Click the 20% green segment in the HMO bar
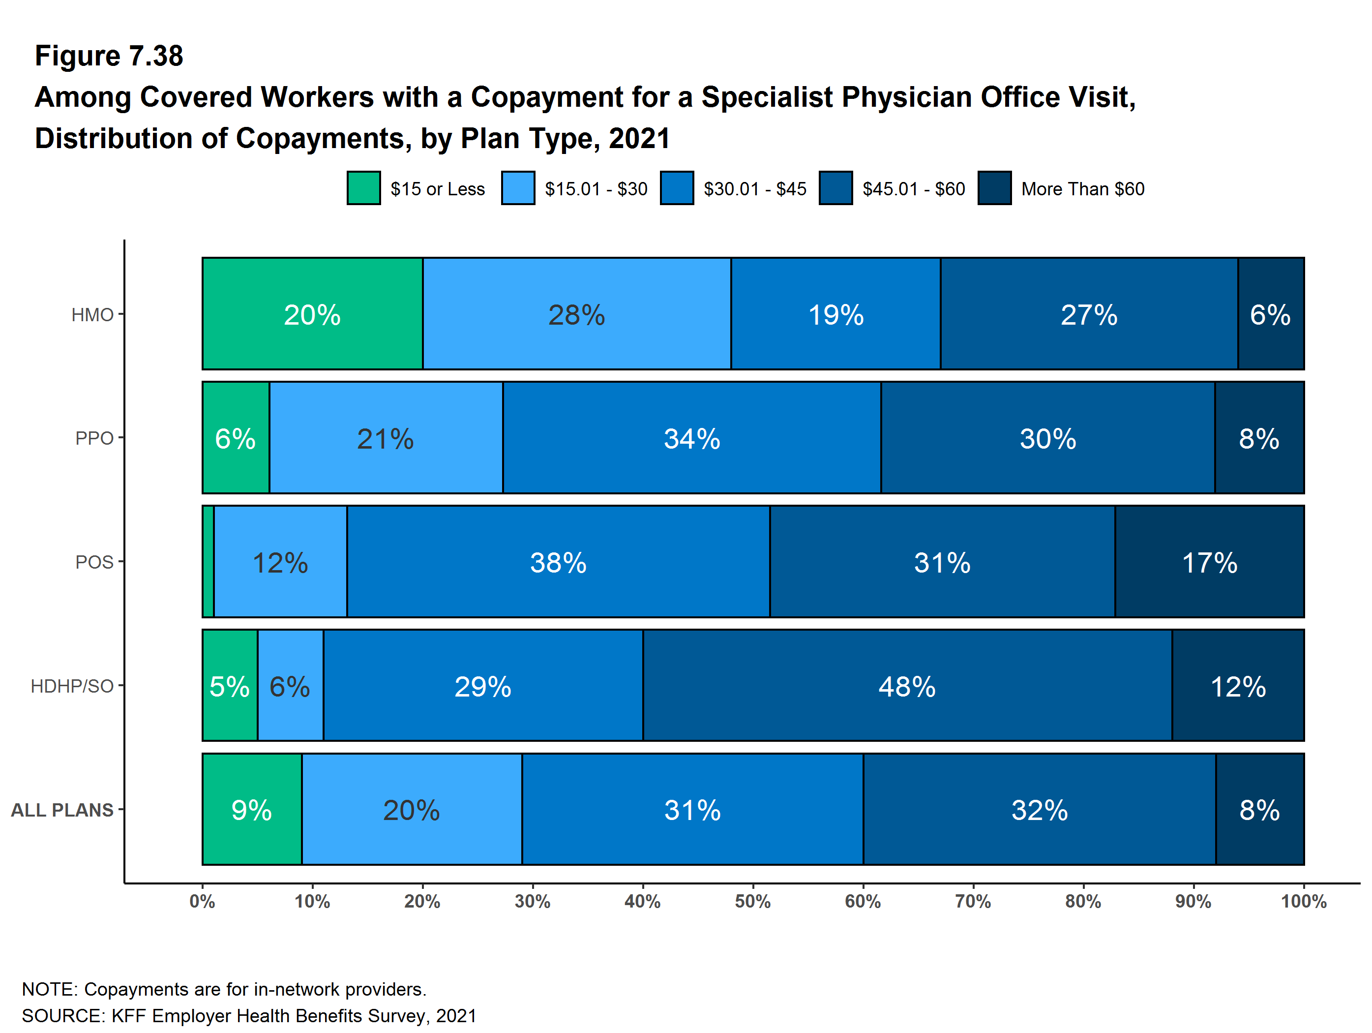[x=312, y=314]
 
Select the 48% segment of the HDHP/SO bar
[x=907, y=686]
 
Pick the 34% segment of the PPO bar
[x=691, y=438]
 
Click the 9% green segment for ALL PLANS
[x=252, y=809]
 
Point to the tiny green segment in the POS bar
[x=209, y=561]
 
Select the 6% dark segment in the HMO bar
[x=1270, y=314]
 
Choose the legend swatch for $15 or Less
[x=363, y=188]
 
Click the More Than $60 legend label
[x=1082, y=188]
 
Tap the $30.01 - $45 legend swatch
[x=677, y=188]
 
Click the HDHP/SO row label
[x=72, y=686]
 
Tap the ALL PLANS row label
[x=62, y=810]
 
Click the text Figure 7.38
[x=109, y=56]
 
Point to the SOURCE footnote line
[x=249, y=1016]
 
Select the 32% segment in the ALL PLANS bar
[x=1040, y=809]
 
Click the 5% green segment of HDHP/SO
[x=230, y=686]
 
